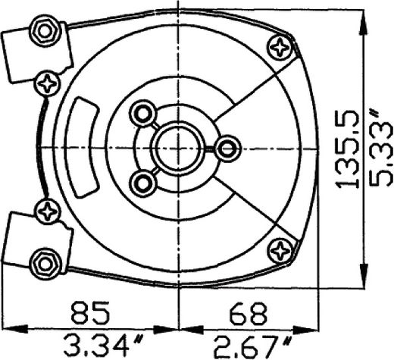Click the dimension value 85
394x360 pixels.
(90, 312)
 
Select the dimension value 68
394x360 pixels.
(248, 313)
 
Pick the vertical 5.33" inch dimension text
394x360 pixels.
(381, 149)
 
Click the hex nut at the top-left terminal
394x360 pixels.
(45, 32)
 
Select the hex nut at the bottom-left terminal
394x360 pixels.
(45, 265)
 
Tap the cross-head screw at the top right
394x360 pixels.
(280, 48)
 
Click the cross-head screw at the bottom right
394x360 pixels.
(280, 251)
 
